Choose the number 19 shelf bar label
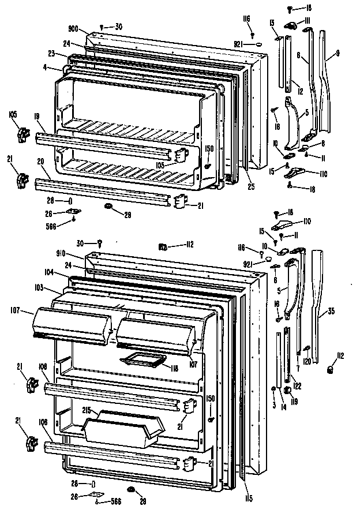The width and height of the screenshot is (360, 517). click(37, 117)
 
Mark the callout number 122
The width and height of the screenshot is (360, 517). click(297, 385)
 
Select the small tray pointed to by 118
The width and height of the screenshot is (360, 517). click(139, 361)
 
